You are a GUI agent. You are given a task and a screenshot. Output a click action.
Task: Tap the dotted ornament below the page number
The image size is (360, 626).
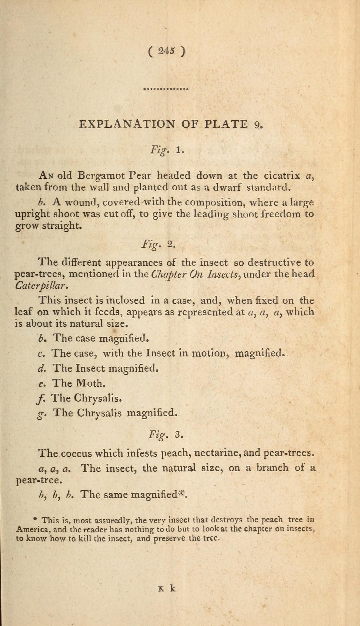(x=166, y=88)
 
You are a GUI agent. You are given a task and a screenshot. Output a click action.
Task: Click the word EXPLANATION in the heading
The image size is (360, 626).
(x=127, y=124)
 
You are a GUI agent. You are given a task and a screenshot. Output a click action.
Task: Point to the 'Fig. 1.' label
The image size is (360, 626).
(x=167, y=150)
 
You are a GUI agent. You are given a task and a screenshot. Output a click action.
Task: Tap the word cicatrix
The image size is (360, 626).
(x=282, y=175)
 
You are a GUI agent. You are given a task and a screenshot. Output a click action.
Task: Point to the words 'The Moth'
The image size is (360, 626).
(x=79, y=383)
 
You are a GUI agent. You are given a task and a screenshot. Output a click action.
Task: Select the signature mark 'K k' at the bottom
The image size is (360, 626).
(x=167, y=588)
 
